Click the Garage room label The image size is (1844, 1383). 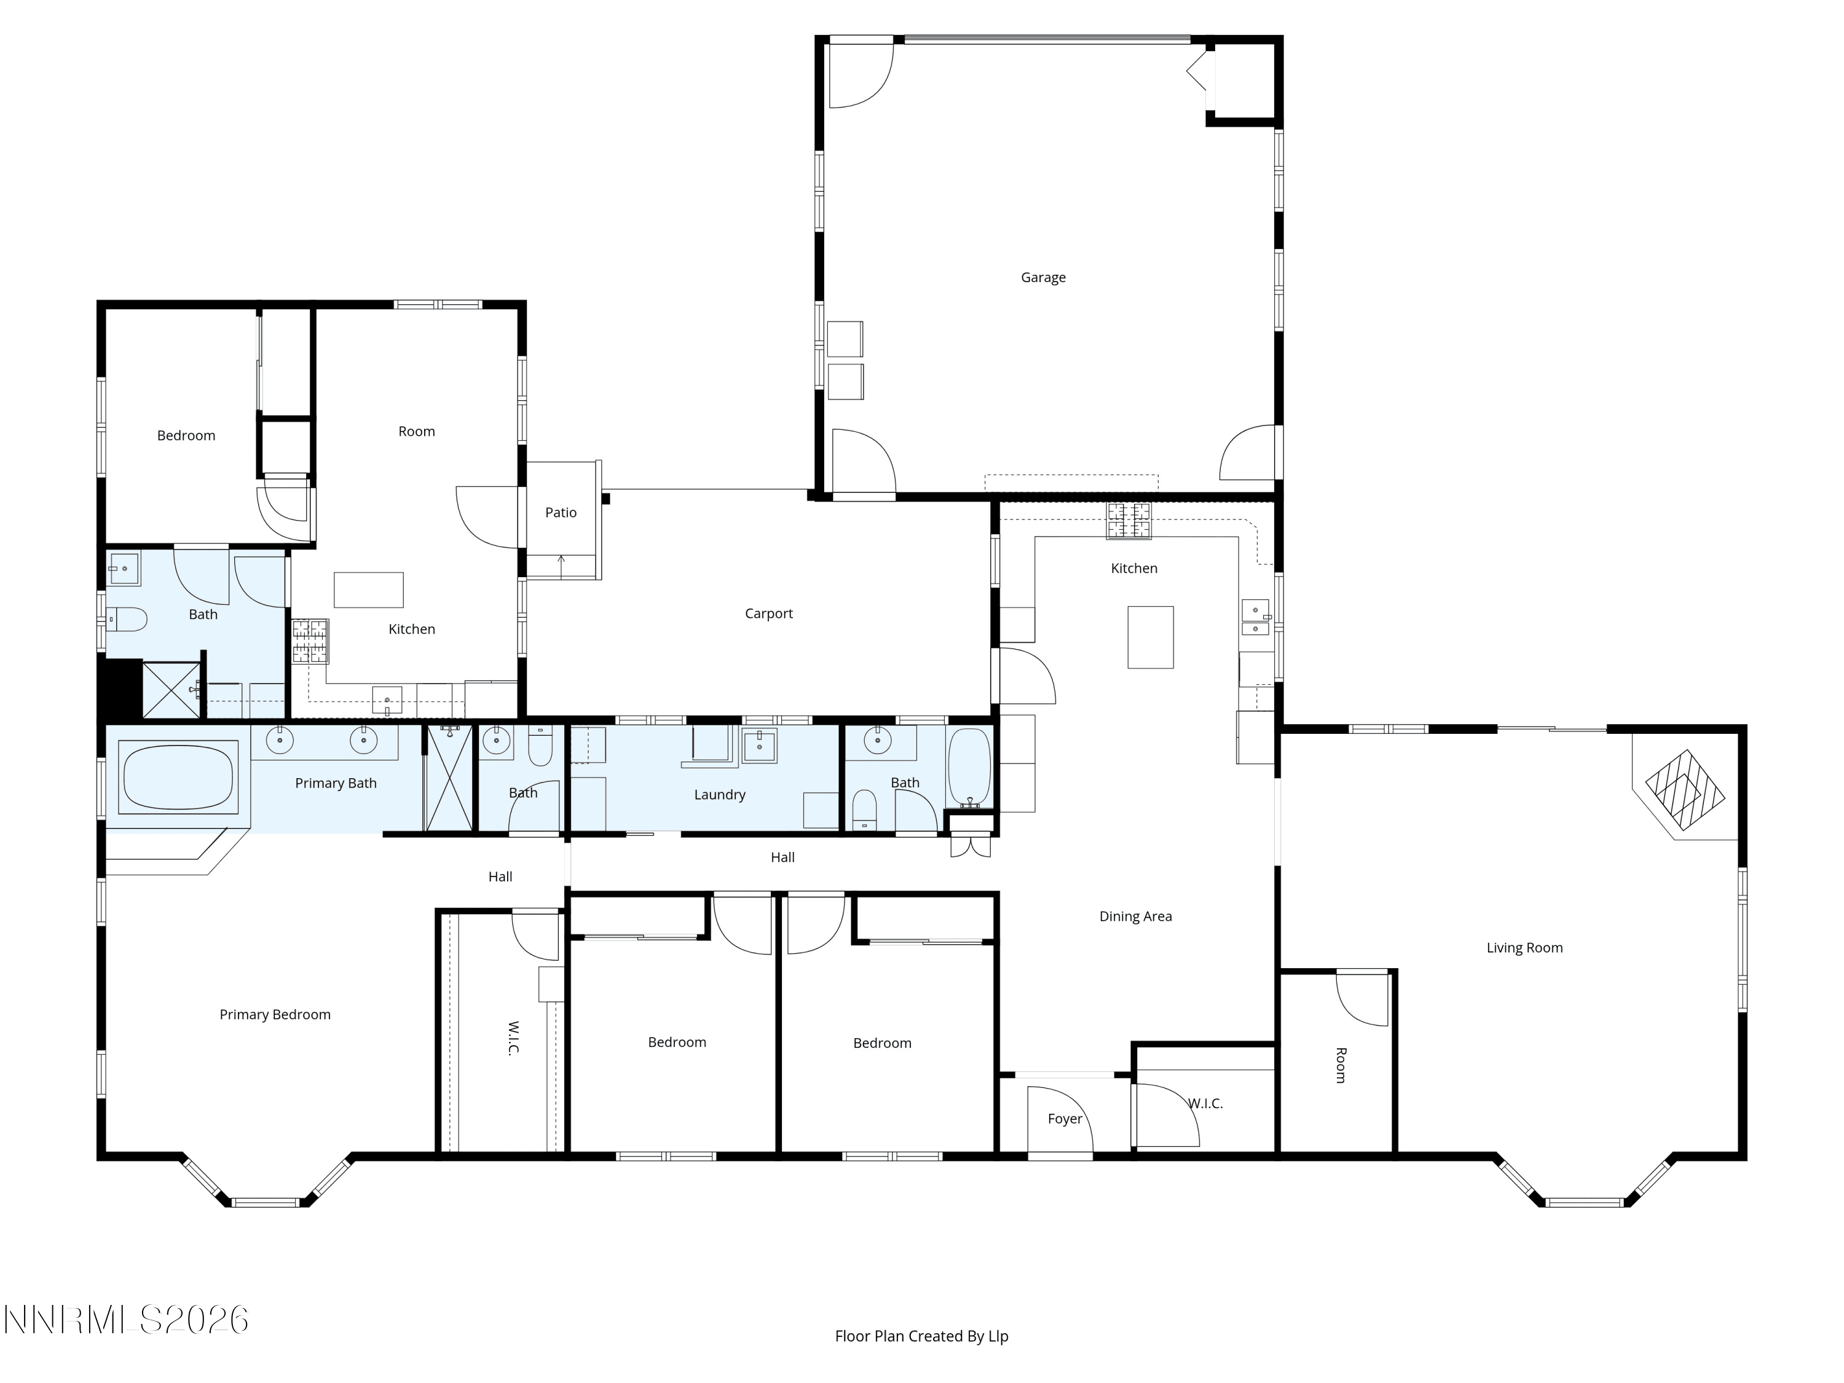pyautogui.click(x=1043, y=278)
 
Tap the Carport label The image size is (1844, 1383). pyautogui.click(x=768, y=613)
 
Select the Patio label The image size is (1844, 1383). pyautogui.click(x=561, y=513)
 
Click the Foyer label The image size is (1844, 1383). pyautogui.click(x=1065, y=1119)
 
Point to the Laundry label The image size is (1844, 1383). pyautogui.click(x=719, y=794)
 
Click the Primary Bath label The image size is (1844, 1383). pyautogui.click(x=336, y=783)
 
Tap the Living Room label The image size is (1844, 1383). pyautogui.click(x=1525, y=947)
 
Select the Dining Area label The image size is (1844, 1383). pyautogui.click(x=1135, y=916)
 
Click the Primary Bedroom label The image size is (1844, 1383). pyautogui.click(x=275, y=1015)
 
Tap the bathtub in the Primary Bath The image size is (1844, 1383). pyautogui.click(x=178, y=778)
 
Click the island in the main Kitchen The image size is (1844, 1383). pyautogui.click(x=1151, y=637)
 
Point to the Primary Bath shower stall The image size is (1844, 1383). pyautogui.click(x=449, y=778)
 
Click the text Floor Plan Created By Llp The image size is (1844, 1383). pyautogui.click(x=921, y=1336)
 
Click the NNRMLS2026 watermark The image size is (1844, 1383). pyautogui.click(x=127, y=1320)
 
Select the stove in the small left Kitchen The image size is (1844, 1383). pyautogui.click(x=310, y=641)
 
